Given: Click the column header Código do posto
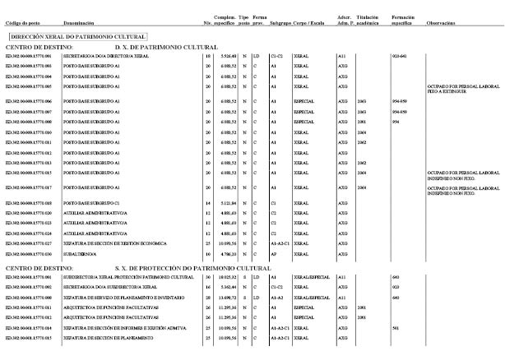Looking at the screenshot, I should tap(22, 23).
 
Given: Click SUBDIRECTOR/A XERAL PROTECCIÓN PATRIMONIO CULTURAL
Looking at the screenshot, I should tap(123, 278).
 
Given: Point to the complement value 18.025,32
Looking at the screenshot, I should tap(225, 278).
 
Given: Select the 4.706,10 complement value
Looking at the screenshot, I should tap(226, 254).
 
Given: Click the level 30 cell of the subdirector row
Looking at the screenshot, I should tap(207, 278).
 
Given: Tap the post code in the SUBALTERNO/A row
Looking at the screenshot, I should tap(28, 254).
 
